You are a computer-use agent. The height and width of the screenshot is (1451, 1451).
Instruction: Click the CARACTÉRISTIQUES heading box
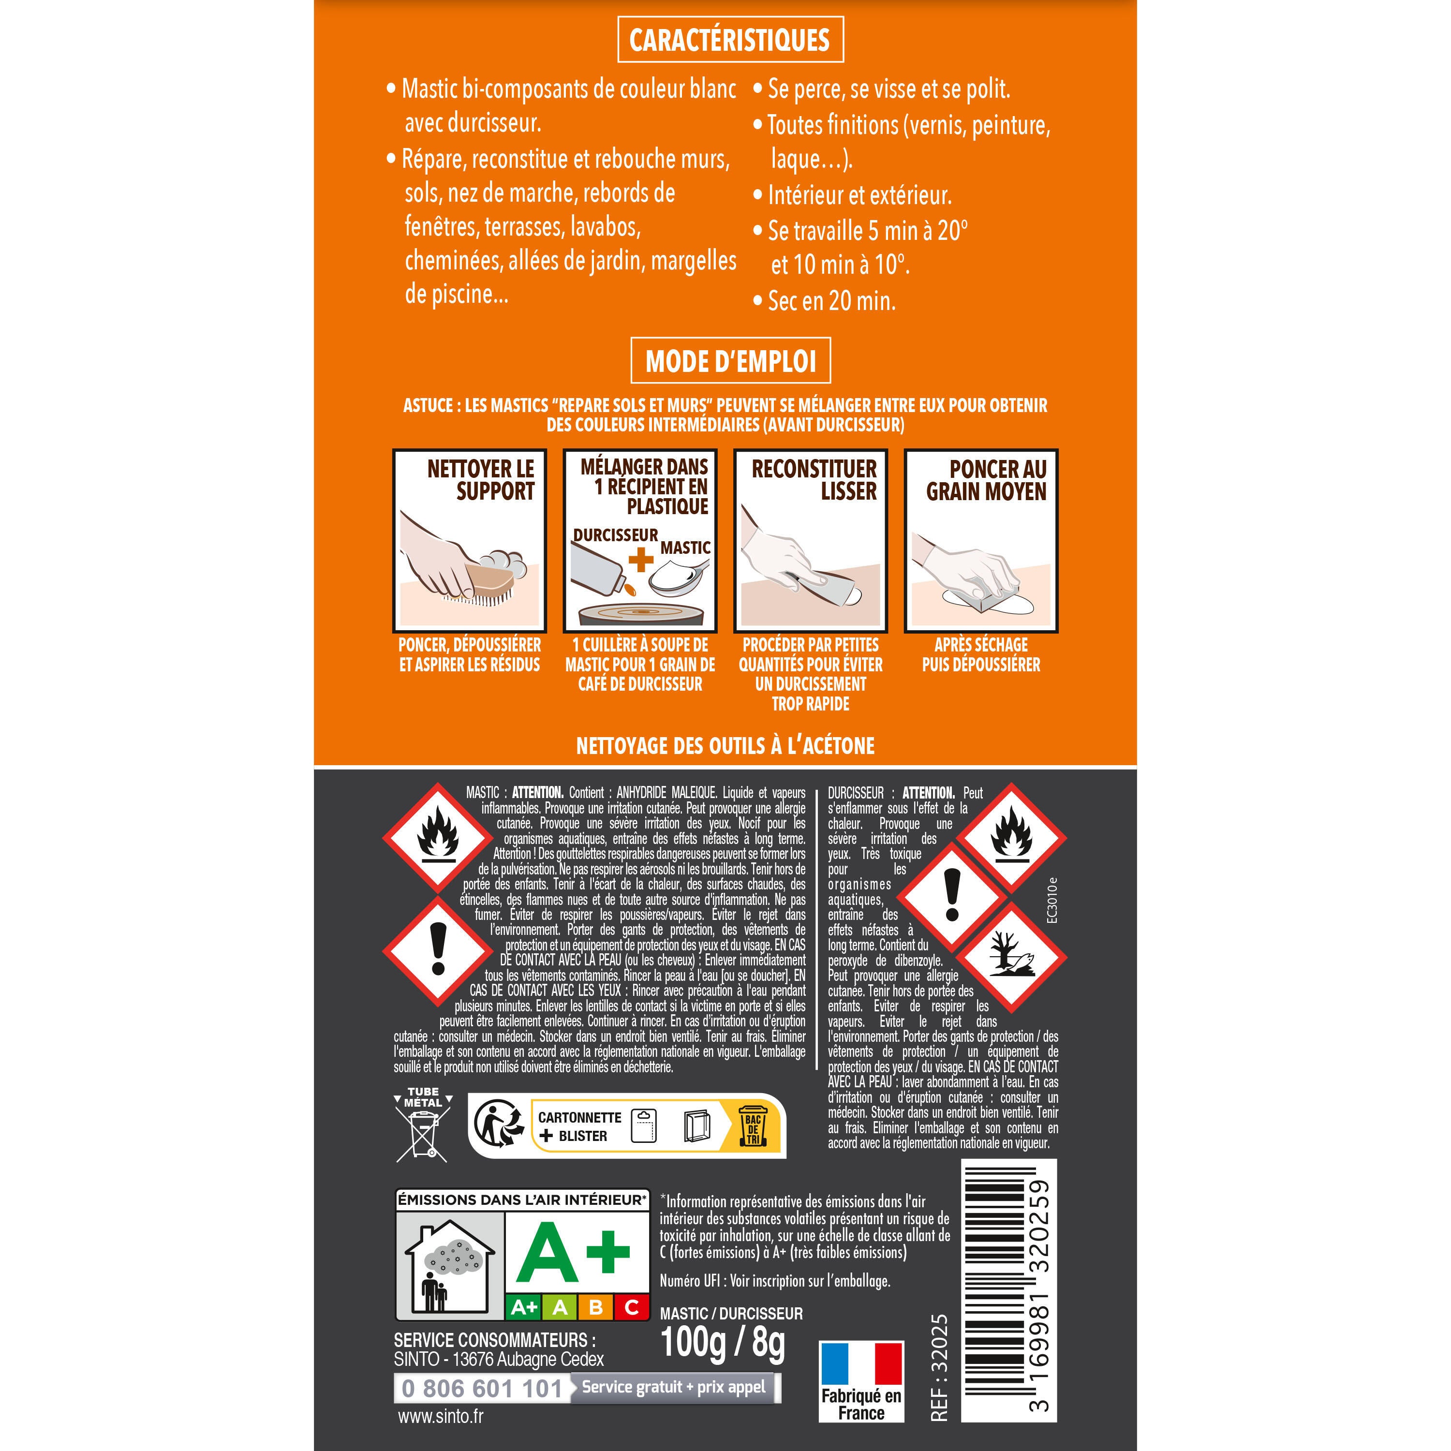(x=730, y=40)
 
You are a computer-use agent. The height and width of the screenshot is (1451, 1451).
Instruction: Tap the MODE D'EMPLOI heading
(x=730, y=361)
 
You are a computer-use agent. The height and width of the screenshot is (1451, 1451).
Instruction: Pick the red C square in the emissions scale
(x=632, y=1307)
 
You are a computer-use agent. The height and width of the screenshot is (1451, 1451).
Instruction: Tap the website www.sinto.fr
(x=440, y=1417)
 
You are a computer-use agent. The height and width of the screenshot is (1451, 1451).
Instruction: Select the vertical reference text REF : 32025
(x=939, y=1368)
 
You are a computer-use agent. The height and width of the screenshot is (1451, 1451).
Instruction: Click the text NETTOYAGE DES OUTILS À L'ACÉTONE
(x=725, y=746)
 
